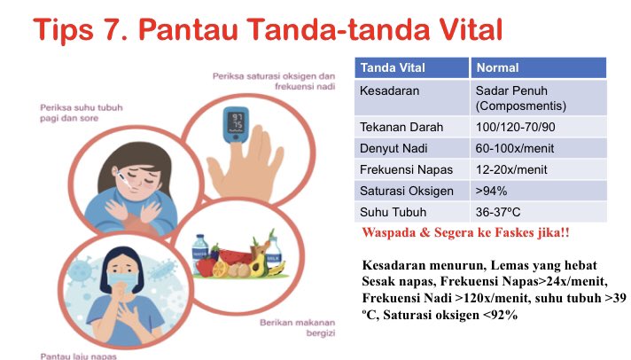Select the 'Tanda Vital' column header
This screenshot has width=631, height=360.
tap(390, 67)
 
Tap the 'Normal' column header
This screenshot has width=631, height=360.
tap(498, 67)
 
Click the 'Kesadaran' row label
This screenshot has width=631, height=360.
tap(390, 90)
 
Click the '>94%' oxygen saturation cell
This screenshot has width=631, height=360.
tap(493, 191)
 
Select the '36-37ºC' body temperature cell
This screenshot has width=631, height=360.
tap(504, 212)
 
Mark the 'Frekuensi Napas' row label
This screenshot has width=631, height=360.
tap(403, 169)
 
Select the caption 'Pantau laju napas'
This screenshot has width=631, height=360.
tap(78, 356)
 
